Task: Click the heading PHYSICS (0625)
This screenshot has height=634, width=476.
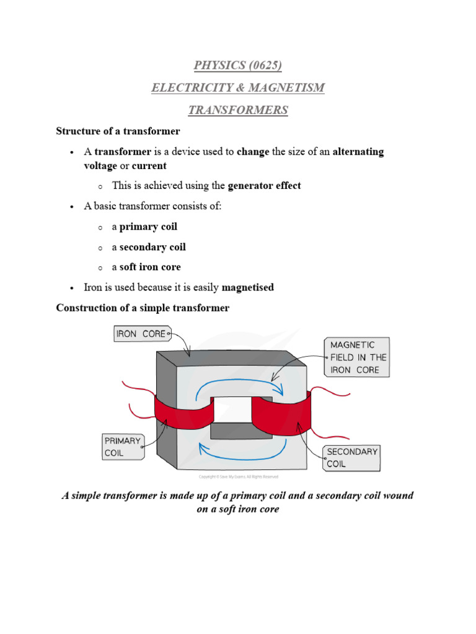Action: (x=238, y=65)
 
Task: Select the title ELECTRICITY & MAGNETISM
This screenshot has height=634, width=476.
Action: (x=238, y=88)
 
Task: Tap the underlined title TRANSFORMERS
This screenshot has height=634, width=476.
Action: (x=238, y=110)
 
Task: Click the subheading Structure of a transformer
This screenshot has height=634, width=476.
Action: (x=118, y=131)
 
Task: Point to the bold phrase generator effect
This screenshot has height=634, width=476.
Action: (x=264, y=186)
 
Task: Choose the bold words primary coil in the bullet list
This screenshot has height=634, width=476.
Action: (x=148, y=227)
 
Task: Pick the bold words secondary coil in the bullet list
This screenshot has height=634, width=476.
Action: (x=152, y=247)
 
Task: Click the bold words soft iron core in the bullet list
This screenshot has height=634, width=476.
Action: (x=150, y=267)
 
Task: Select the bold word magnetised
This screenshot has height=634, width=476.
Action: (x=247, y=287)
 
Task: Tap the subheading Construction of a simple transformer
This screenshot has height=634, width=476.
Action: (x=143, y=308)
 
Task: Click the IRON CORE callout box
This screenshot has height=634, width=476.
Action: (x=141, y=334)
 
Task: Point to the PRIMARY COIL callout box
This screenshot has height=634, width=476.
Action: (x=123, y=446)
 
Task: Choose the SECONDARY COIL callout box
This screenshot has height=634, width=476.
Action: (x=352, y=458)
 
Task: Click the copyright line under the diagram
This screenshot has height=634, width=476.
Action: (x=238, y=477)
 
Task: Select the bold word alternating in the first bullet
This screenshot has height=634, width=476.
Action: (x=358, y=152)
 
